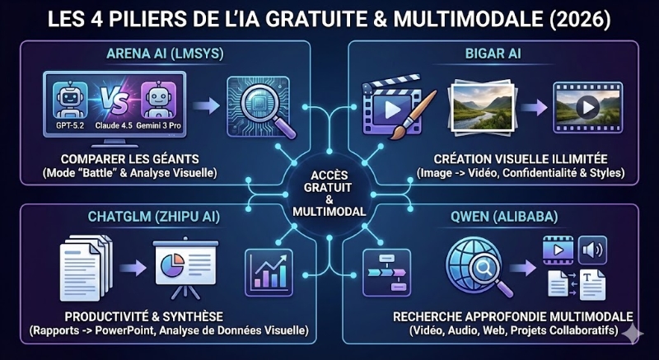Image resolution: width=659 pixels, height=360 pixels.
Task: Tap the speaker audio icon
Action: pyautogui.click(x=591, y=249)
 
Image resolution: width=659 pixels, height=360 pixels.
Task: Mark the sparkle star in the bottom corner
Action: pyautogui.click(x=633, y=333)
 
